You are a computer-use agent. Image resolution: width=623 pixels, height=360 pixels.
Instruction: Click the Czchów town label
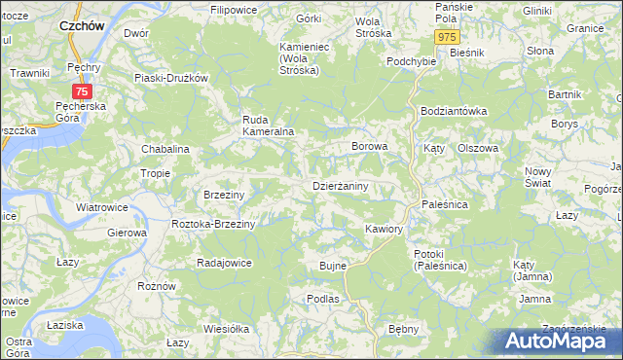click(83, 27)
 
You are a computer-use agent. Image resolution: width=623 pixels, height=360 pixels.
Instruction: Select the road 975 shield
click(446, 37)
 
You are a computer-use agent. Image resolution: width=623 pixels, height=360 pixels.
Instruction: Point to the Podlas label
click(321, 299)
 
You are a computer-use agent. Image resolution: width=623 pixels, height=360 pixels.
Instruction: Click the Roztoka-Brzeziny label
click(212, 224)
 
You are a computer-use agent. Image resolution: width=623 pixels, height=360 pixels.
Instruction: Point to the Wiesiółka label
click(228, 329)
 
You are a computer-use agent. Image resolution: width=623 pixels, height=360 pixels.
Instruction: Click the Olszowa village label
click(478, 148)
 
